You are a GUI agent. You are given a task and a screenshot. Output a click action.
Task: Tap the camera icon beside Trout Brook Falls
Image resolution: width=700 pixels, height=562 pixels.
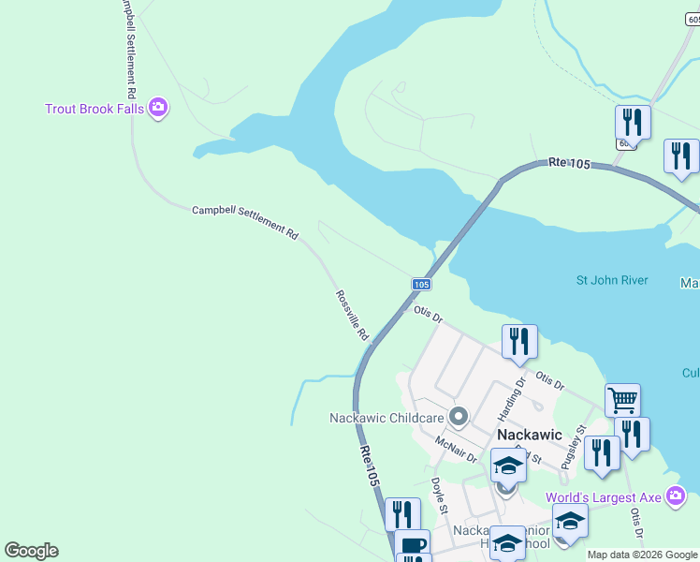pyautogui.click(x=158, y=109)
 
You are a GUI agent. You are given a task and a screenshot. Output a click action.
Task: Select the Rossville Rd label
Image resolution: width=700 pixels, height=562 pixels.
pyautogui.click(x=352, y=315)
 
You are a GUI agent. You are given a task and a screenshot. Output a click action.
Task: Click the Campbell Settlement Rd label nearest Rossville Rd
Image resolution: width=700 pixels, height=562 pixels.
pyautogui.click(x=244, y=222)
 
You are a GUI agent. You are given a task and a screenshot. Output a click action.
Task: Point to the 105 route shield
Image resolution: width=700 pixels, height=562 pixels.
pyautogui.click(x=421, y=284)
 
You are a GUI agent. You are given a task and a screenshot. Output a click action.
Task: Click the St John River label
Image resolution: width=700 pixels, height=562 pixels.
pyautogui.click(x=611, y=280)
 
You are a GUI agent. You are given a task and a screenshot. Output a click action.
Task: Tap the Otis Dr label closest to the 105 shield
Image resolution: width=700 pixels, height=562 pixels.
pyautogui.click(x=427, y=313)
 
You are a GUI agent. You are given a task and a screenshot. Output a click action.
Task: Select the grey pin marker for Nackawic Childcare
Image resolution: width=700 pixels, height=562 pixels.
pyautogui.click(x=459, y=415)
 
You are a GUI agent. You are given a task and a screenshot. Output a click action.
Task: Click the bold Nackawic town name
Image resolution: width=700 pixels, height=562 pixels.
pyautogui.click(x=529, y=436)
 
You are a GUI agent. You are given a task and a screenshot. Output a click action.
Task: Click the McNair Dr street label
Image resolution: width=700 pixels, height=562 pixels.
pyautogui.click(x=456, y=449)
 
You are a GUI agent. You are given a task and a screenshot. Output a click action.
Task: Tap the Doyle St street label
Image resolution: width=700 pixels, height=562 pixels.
pyautogui.click(x=437, y=495)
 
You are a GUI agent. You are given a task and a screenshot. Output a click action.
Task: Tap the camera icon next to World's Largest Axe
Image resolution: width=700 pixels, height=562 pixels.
pyautogui.click(x=677, y=495)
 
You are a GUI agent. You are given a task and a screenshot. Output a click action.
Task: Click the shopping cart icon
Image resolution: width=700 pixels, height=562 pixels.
pyautogui.click(x=622, y=400)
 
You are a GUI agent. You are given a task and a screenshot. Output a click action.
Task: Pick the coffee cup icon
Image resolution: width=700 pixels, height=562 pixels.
pyautogui.click(x=412, y=544)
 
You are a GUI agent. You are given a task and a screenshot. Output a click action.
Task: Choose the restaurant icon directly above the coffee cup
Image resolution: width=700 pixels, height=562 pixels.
pyautogui.click(x=402, y=513)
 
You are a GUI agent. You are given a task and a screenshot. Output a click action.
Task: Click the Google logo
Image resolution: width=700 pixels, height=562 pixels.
pyautogui.click(x=31, y=551)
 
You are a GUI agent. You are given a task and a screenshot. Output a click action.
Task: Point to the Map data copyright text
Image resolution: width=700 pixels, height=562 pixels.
pyautogui.click(x=642, y=555)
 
